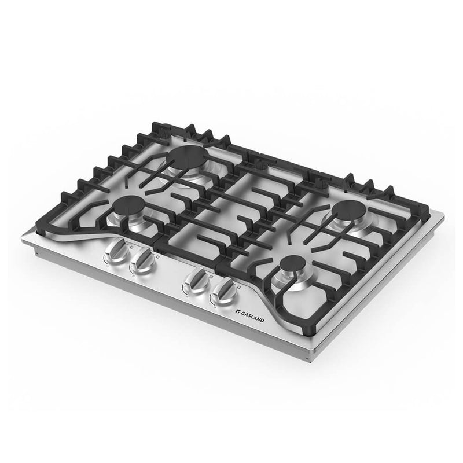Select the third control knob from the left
(194, 282)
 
